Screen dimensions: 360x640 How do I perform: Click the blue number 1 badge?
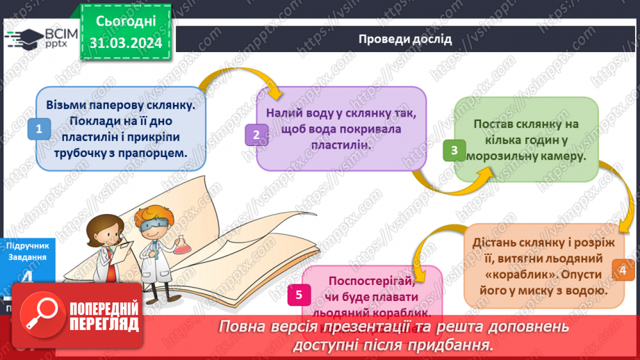pyautogui.click(x=39, y=129)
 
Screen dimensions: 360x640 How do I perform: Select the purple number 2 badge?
pyautogui.click(x=256, y=136)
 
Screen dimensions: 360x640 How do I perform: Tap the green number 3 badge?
pyautogui.click(x=454, y=149)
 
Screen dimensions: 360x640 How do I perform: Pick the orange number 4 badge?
pyautogui.click(x=622, y=271)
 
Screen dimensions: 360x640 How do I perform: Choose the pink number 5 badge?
pyautogui.click(x=298, y=295)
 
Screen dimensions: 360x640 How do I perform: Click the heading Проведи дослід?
pyautogui.click(x=405, y=39)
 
